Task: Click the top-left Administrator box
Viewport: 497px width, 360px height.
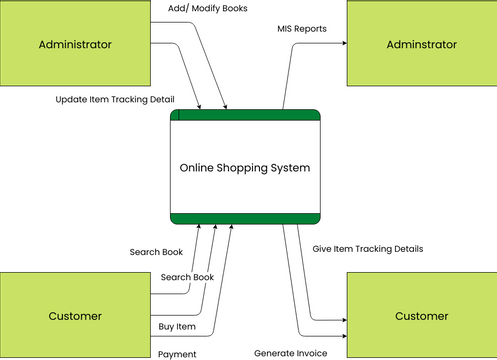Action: click(74, 45)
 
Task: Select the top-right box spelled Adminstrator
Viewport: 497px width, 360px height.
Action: click(420, 45)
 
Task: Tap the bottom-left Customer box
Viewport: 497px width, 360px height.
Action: click(74, 315)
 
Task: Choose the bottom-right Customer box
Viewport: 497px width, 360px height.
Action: click(420, 315)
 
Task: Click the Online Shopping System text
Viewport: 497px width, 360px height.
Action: click(244, 167)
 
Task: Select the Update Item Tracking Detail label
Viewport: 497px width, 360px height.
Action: click(115, 99)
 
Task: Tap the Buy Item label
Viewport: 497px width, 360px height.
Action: click(177, 326)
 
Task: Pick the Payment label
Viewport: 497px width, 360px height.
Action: click(177, 354)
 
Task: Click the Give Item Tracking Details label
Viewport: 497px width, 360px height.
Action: click(367, 248)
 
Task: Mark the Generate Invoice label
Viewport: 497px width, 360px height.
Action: click(289, 353)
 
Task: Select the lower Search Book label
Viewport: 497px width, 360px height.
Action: click(188, 276)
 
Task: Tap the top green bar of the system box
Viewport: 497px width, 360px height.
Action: click(246, 115)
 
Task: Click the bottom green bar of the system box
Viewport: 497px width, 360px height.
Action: click(246, 219)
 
